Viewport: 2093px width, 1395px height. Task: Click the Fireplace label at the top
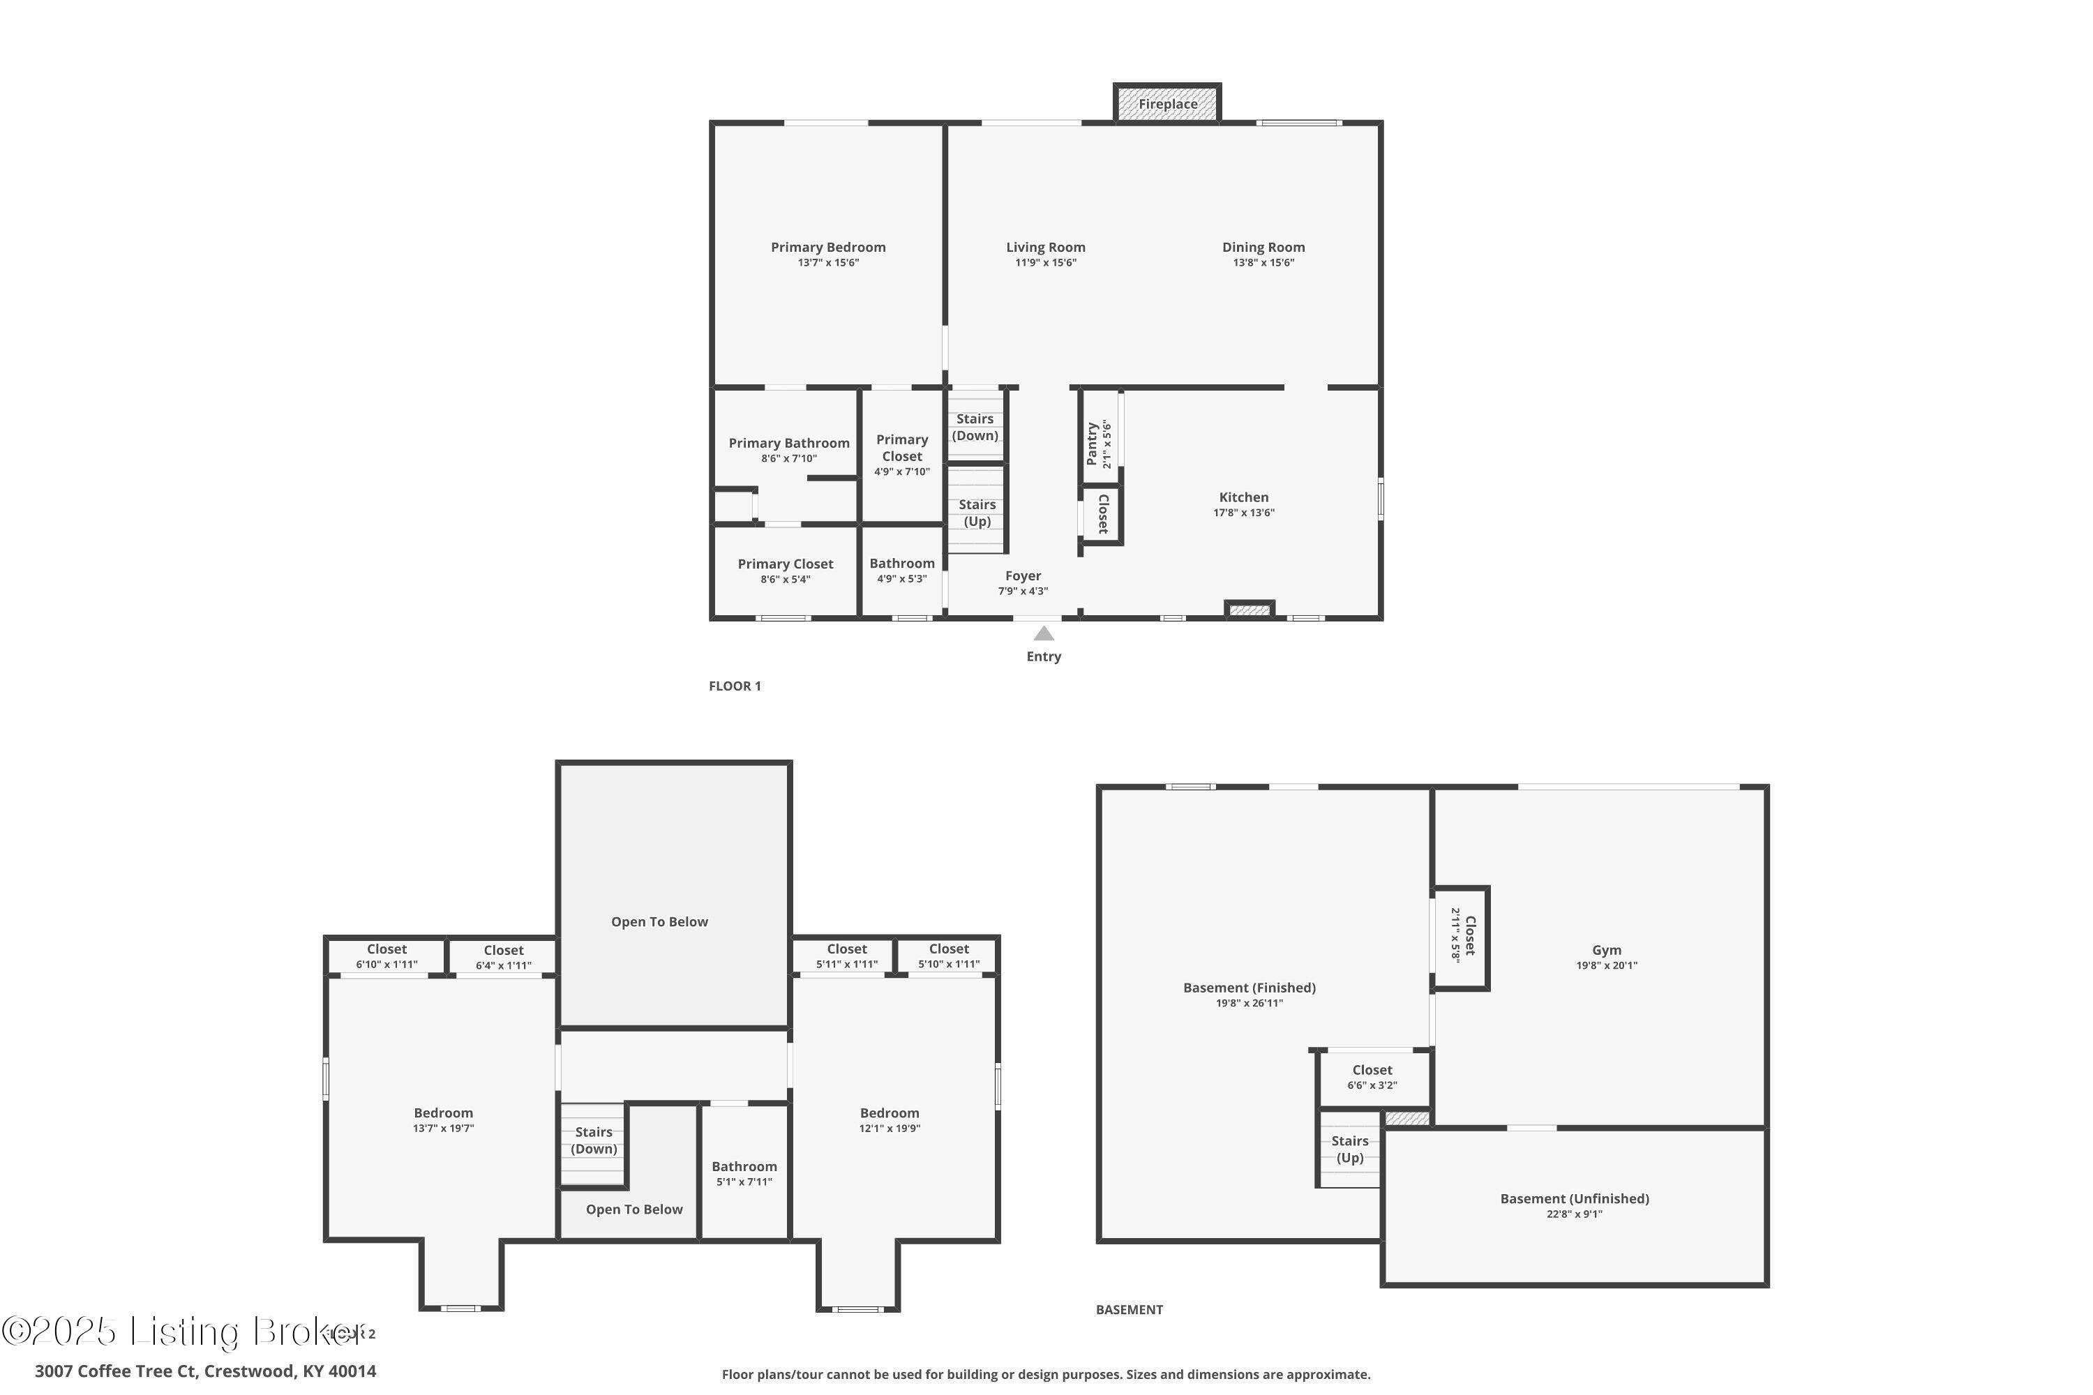tap(1166, 104)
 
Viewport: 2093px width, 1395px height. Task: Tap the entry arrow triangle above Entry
tap(1044, 633)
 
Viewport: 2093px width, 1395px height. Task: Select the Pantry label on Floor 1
tap(1092, 444)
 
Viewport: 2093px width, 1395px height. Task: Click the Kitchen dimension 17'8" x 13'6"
tap(1243, 513)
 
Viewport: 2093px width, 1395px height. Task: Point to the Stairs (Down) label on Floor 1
tap(975, 427)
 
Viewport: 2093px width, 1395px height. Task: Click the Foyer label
tap(1023, 575)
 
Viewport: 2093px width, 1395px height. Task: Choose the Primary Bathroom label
tap(788, 443)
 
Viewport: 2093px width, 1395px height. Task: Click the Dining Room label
tap(1263, 248)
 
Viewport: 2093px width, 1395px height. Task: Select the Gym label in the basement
tap(1606, 950)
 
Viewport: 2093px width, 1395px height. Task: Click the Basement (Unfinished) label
tap(1574, 1198)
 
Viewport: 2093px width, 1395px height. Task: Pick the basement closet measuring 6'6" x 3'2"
tap(1372, 1076)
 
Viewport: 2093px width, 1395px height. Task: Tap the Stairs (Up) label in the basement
tap(1349, 1149)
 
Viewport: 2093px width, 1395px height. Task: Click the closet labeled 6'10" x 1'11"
tap(387, 956)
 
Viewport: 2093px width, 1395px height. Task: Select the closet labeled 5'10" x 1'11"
tap(949, 956)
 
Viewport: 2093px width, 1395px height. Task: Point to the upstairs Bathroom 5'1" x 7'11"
tap(744, 1172)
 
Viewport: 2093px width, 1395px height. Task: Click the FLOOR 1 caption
tap(734, 686)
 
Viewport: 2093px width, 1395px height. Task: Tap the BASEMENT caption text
tap(1128, 1310)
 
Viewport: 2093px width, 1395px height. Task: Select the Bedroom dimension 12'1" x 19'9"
tap(889, 1128)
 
